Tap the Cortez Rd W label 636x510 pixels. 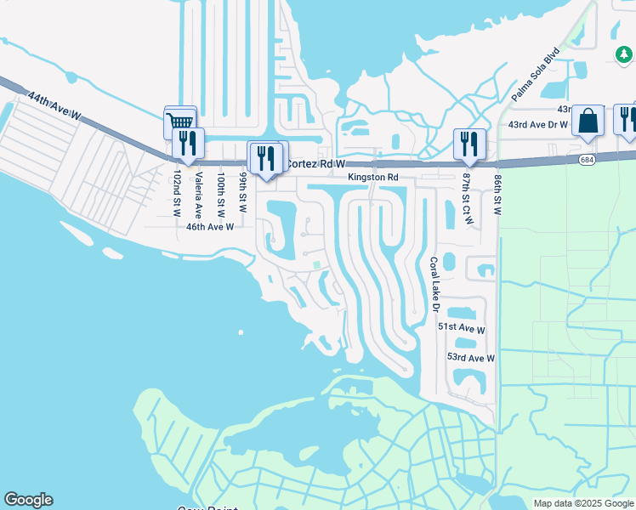316,163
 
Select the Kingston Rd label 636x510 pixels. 372,178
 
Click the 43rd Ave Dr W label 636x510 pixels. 537,125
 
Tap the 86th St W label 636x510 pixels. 497,195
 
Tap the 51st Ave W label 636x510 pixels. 461,327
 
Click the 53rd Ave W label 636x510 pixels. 470,358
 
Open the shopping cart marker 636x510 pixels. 180,122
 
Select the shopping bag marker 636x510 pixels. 588,122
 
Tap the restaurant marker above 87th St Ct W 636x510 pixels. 468,144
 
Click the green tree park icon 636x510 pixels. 624,54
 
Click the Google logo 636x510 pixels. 28,500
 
